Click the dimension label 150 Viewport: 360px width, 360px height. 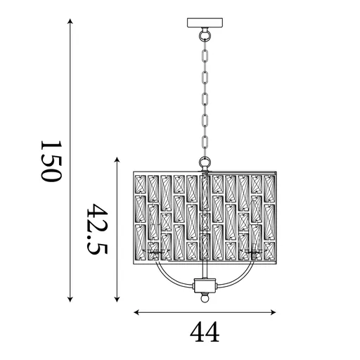(x=51, y=161)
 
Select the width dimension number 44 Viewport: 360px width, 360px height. (x=204, y=330)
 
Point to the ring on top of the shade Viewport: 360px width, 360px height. (x=205, y=164)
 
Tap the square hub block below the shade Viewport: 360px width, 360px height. (x=205, y=285)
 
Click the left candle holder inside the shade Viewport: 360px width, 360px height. (x=156, y=252)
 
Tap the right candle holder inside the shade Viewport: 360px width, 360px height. (x=252, y=252)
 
